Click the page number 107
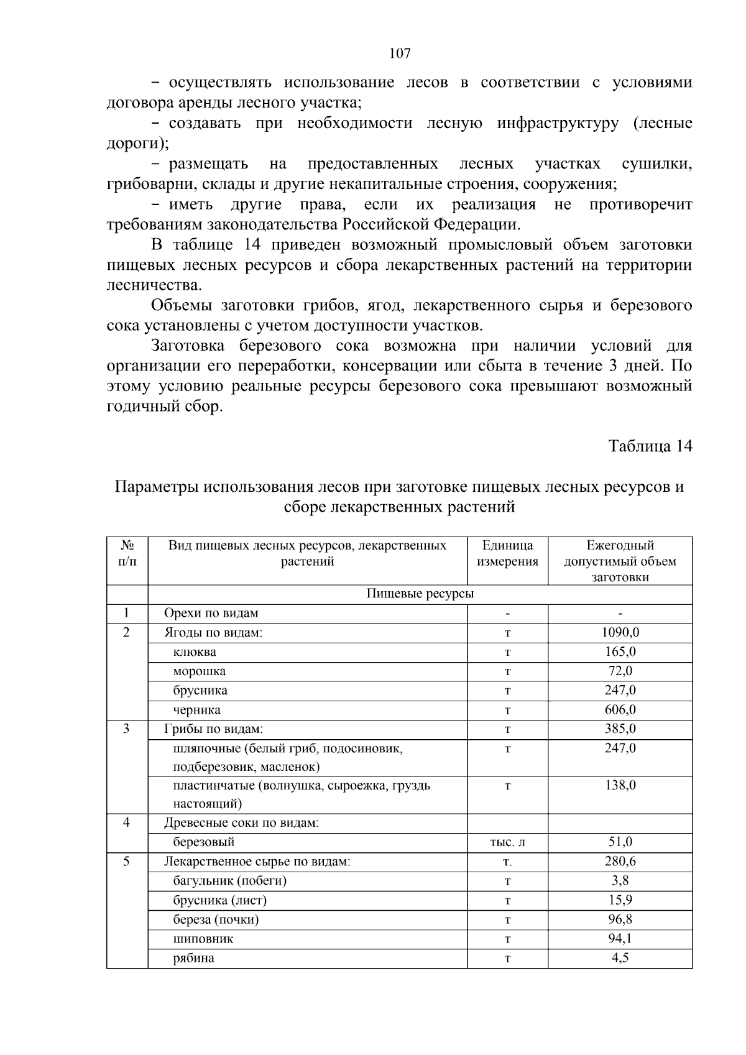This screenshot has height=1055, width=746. click(400, 53)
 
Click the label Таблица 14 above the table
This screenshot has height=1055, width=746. click(650, 446)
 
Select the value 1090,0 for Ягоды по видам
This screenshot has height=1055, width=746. click(620, 633)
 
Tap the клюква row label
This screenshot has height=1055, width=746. click(195, 652)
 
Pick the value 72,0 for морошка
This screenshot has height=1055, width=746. click(620, 671)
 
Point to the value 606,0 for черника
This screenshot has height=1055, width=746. click(620, 710)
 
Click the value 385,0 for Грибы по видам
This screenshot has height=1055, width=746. click(620, 729)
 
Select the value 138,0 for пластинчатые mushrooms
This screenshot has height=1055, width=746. click(620, 786)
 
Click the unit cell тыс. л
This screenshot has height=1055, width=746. click(507, 842)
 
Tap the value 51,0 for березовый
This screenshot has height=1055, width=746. click(620, 842)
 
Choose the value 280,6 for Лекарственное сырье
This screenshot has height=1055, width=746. click(620, 862)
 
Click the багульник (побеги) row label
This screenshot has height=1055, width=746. click(230, 881)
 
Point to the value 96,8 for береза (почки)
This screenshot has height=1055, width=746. click(620, 919)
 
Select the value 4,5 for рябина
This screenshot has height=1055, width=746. click(620, 958)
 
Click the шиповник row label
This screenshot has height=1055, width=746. click(203, 939)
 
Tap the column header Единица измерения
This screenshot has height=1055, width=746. click(507, 553)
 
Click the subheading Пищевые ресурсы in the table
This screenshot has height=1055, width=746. click(420, 594)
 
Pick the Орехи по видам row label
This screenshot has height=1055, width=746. click(211, 614)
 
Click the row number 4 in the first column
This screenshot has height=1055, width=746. click(127, 823)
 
